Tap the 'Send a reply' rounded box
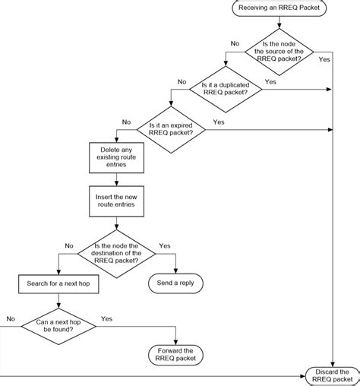tap(176, 284)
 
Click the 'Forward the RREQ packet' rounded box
tap(176, 353)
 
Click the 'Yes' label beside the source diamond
tap(325, 59)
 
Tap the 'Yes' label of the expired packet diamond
tap(219, 122)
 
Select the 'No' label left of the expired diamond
tap(126, 122)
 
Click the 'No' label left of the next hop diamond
tap(11, 318)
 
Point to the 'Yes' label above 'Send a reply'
tap(165, 246)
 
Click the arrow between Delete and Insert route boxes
tap(115, 180)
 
